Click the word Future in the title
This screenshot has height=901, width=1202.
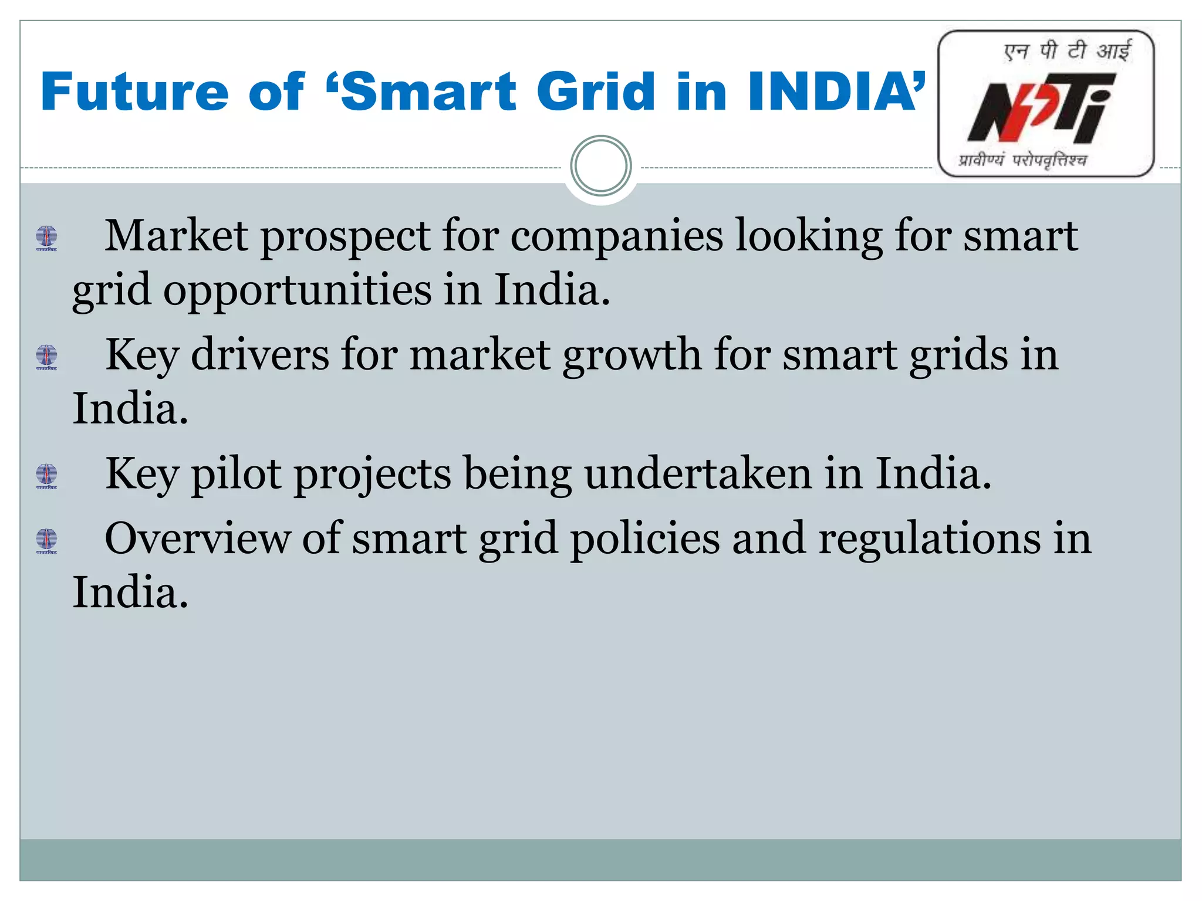point(134,92)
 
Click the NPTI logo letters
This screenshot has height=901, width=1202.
point(1039,109)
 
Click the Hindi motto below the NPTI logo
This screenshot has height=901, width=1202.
point(1022,160)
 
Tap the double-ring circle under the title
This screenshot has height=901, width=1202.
point(600,166)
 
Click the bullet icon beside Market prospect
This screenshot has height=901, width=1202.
point(47,238)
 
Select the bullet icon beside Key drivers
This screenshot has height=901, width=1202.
point(47,357)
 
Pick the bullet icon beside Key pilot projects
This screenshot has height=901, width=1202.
point(47,476)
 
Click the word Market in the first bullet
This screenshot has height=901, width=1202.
point(176,236)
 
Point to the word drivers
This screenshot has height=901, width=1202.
point(260,354)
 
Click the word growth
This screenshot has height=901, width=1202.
point(632,355)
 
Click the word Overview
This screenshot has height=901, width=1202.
point(197,538)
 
